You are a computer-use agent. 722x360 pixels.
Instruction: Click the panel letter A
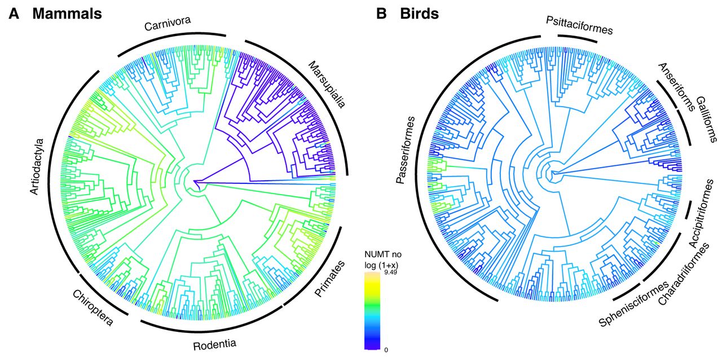tap(14, 15)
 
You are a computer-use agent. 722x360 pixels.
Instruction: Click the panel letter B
tap(382, 15)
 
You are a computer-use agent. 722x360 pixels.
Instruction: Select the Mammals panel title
tap(67, 15)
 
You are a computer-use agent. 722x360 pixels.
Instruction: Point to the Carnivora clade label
tap(168, 24)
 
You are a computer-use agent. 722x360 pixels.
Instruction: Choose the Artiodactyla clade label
tap(37, 165)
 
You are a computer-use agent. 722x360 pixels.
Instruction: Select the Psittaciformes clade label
tap(579, 25)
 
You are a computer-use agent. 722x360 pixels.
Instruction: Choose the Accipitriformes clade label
tap(702, 213)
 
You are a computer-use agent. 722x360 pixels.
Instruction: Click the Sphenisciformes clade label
tap(627, 304)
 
